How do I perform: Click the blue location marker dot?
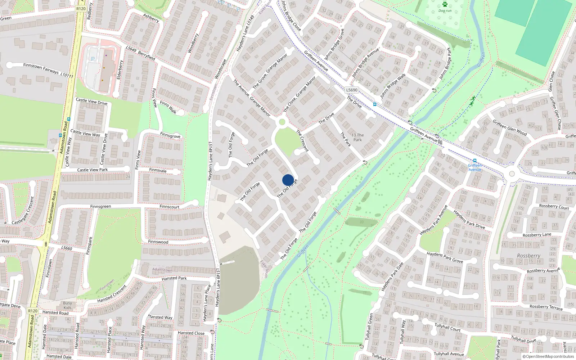pos(288,180)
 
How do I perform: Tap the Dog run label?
pos(445,11)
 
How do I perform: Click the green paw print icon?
pos(445,4)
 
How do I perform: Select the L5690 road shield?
pos(351,90)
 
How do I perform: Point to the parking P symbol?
pos(93,59)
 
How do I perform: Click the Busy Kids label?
pos(67,305)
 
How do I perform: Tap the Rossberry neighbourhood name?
pos(528,256)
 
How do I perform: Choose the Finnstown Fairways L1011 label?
pos(48,70)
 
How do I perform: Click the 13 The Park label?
pos(357,138)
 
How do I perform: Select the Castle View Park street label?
pos(92,170)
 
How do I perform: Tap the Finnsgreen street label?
pos(100,207)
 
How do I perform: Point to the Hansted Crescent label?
pos(112,294)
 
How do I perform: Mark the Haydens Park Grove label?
pos(445,257)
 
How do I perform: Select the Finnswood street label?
pos(158,242)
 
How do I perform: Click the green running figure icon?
pos(472,101)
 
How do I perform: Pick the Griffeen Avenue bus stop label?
pos(475,167)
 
